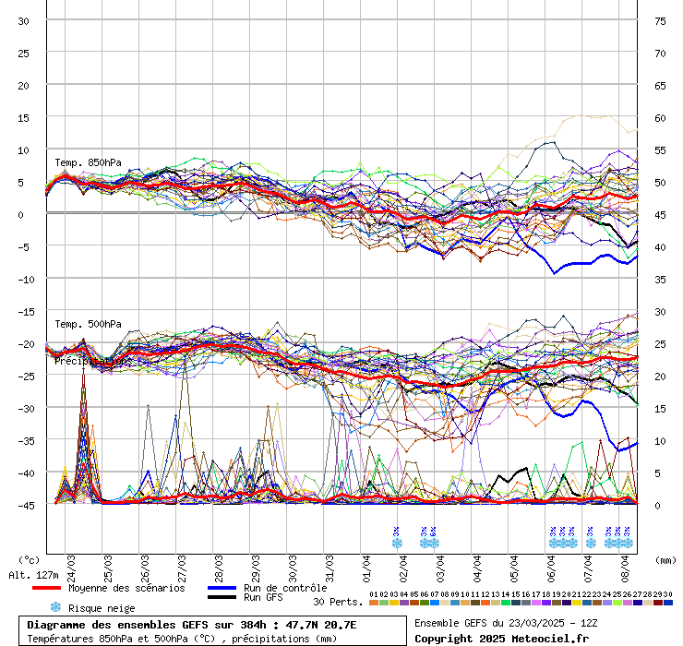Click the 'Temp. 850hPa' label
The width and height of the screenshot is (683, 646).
point(88,163)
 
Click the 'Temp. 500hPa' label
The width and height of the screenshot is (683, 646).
point(88,325)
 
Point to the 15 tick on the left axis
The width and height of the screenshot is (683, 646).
point(24,117)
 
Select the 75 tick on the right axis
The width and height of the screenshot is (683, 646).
point(660,20)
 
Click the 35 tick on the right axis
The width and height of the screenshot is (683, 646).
point(660,279)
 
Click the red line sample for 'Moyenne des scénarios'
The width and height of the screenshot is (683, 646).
point(46,588)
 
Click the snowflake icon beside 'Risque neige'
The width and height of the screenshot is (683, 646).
point(55,607)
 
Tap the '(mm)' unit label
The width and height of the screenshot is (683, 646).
point(666,559)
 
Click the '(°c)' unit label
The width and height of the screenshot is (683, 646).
point(30,559)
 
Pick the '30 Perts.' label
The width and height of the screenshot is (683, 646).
point(338,602)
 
